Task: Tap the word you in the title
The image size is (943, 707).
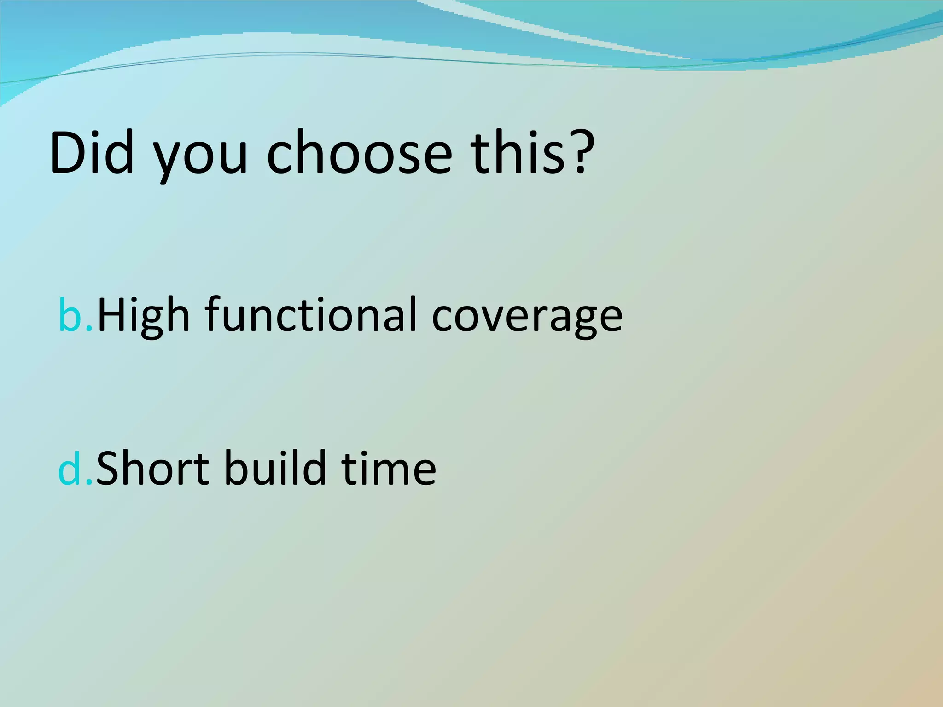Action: (x=200, y=156)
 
